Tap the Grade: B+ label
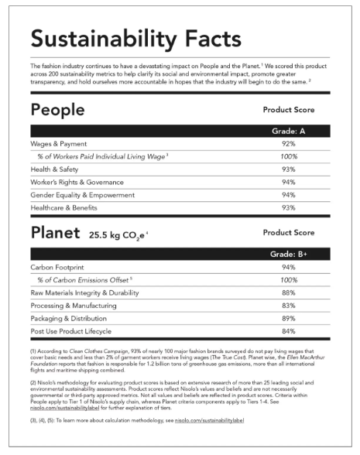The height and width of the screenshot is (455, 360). [x=290, y=253]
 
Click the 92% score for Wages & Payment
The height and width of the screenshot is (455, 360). [x=289, y=143]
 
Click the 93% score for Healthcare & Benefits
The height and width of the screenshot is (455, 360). [x=289, y=207]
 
